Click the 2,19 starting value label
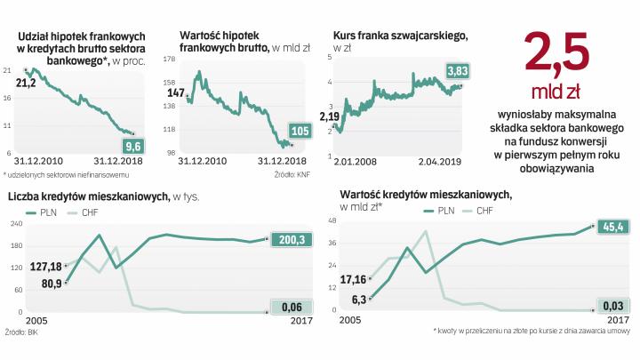pyautogui.click(x=330, y=116)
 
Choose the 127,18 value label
pyautogui.click(x=43, y=266)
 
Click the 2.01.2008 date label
pyautogui.click(x=353, y=160)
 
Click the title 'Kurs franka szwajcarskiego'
pyautogui.click(x=400, y=34)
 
